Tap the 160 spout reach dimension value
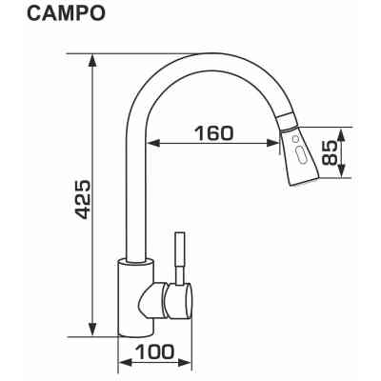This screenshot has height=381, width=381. point(211,132)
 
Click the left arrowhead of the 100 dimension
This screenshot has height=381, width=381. point(122,364)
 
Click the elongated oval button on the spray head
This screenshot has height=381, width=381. point(301,152)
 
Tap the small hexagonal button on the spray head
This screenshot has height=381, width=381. point(296,137)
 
